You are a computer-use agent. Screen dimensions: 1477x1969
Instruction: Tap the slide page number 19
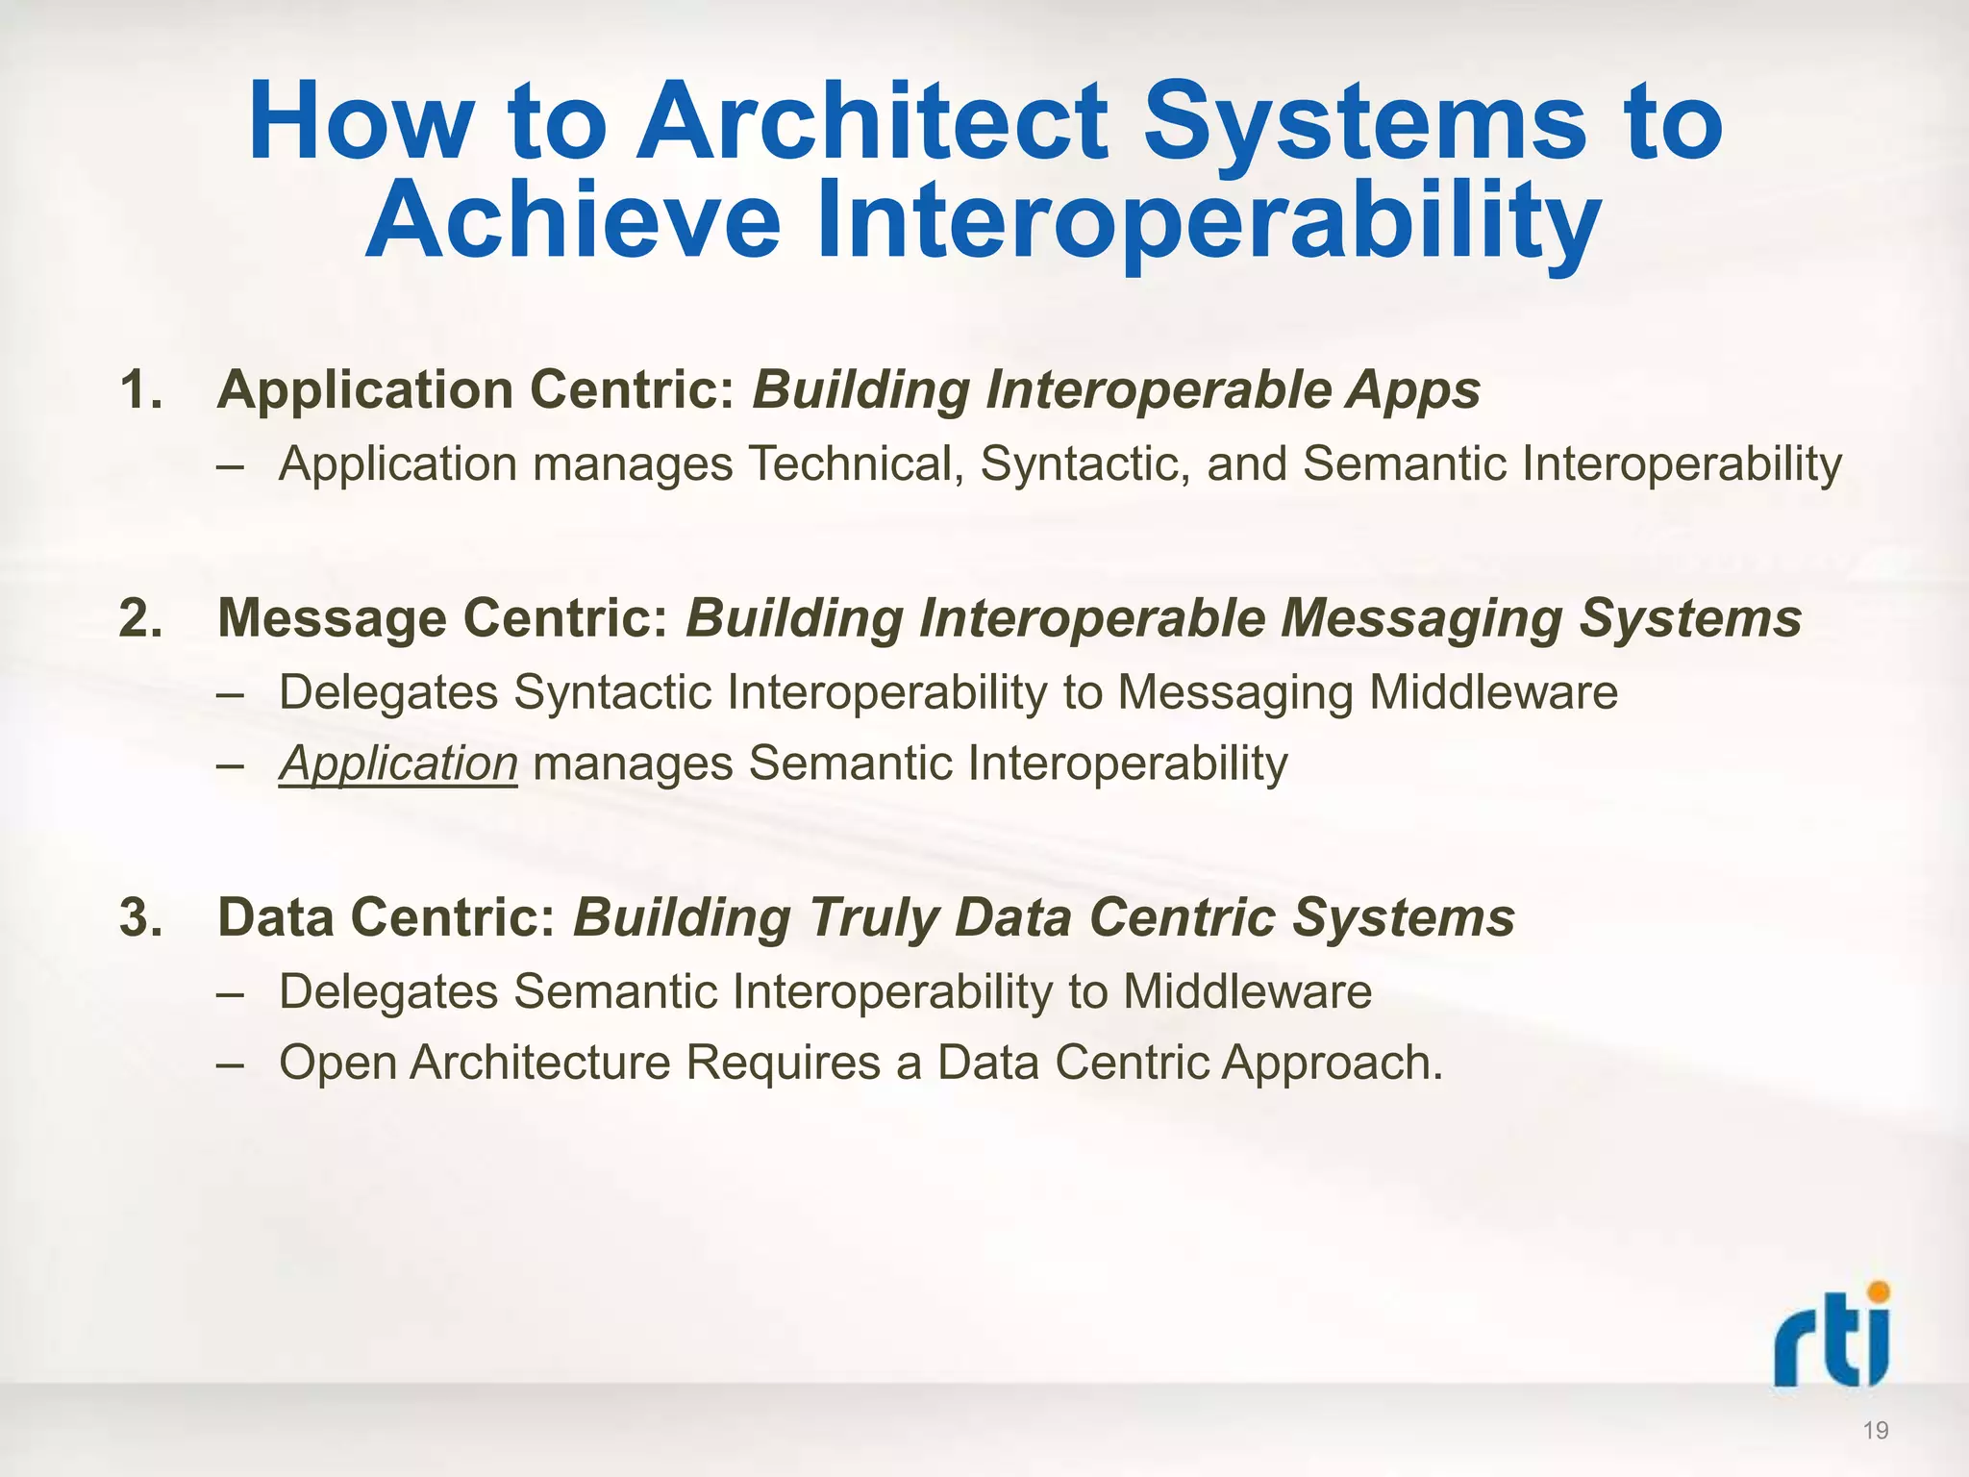pos(1875,1431)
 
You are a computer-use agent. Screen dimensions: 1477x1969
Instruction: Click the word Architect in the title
pos(871,122)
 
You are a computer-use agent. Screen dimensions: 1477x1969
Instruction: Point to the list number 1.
pos(140,390)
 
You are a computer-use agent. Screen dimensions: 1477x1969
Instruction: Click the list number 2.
pos(140,618)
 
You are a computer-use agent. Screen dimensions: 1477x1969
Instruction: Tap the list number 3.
pos(140,916)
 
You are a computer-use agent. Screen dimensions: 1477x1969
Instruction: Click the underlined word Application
pos(398,764)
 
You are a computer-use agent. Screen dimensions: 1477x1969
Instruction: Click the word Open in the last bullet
pos(337,1064)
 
